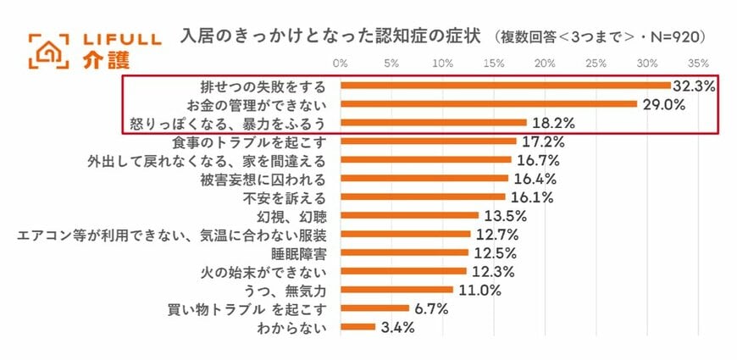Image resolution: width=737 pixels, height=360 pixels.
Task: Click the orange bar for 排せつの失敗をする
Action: tap(505, 86)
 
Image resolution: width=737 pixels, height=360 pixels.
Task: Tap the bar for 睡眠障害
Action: tap(404, 252)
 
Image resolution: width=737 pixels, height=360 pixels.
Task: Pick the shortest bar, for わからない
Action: tap(357, 327)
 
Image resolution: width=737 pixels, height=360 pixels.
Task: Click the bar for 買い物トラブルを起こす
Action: tap(374, 308)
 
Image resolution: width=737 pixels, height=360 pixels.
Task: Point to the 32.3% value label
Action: tap(695, 86)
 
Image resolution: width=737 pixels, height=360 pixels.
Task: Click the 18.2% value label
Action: tap(551, 123)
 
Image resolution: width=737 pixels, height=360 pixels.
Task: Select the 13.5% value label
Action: tap(503, 215)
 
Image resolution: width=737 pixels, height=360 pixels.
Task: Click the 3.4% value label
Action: tap(396, 327)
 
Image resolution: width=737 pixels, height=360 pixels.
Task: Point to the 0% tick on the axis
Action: tap(341, 63)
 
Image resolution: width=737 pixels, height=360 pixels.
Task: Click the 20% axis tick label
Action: tap(545, 63)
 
